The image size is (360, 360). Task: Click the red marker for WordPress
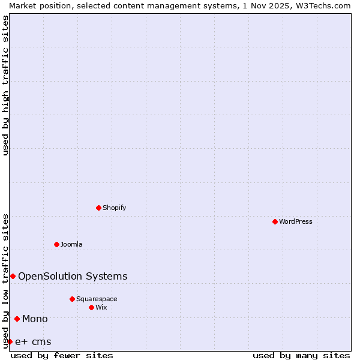click(x=275, y=221)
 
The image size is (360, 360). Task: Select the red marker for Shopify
click(x=99, y=208)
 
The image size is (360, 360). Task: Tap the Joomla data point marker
click(x=57, y=244)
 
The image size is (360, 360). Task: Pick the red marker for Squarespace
click(x=73, y=299)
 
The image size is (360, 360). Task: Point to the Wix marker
click(x=92, y=307)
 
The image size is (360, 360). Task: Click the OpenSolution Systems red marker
click(x=13, y=276)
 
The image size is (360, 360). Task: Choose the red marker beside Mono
click(x=17, y=319)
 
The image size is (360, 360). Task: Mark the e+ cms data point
click(x=10, y=341)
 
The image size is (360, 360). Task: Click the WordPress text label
click(x=296, y=221)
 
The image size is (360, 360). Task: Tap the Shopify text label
click(x=115, y=208)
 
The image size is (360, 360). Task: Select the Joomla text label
click(x=71, y=244)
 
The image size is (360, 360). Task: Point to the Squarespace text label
click(x=97, y=299)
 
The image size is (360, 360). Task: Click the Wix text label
click(x=101, y=307)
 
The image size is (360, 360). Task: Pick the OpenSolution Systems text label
click(x=73, y=276)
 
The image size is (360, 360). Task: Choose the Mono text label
click(x=35, y=319)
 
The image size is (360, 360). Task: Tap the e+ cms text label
click(x=33, y=342)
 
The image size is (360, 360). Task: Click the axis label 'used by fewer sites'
click(x=62, y=355)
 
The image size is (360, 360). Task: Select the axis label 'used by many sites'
click(x=301, y=355)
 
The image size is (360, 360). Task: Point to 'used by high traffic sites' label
click(x=6, y=85)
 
